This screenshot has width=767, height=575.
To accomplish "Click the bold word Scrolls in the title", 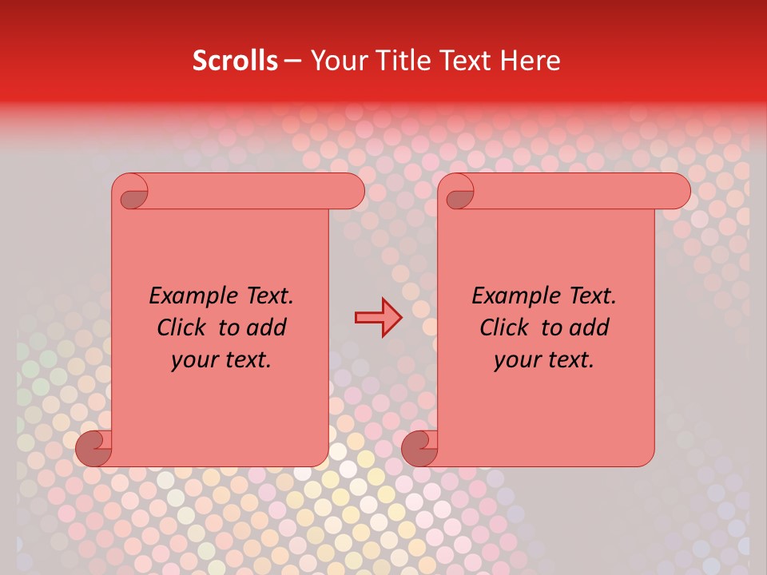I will [x=235, y=61].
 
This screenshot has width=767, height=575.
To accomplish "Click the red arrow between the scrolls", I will [x=379, y=317].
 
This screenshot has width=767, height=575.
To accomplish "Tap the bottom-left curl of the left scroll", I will [x=93, y=447].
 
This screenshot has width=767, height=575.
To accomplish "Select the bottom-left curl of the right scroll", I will [x=419, y=447].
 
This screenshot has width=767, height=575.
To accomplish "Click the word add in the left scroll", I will [x=267, y=327].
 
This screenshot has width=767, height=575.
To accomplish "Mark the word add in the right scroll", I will [x=590, y=327].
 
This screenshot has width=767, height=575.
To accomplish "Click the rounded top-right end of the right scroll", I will [x=676, y=192].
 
